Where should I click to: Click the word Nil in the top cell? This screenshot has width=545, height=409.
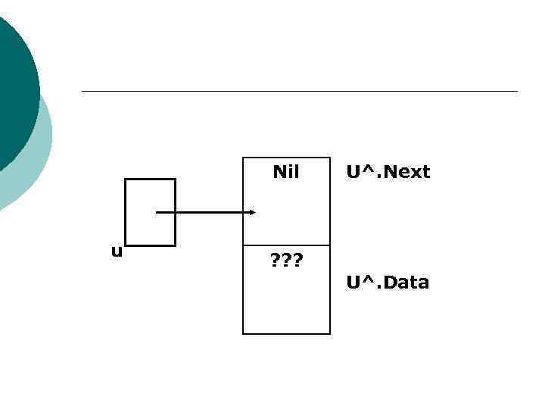pyautogui.click(x=286, y=172)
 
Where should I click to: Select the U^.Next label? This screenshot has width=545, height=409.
pyautogui.click(x=388, y=172)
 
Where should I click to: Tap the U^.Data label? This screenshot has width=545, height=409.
pyautogui.click(x=388, y=283)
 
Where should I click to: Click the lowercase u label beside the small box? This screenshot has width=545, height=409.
pyautogui.click(x=116, y=251)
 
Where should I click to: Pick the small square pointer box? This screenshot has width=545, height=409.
pyautogui.click(x=150, y=193)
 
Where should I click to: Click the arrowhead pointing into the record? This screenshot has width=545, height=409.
pyautogui.click(x=252, y=213)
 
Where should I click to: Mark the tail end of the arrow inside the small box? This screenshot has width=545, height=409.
pyautogui.click(x=157, y=213)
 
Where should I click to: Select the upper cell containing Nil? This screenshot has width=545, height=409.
pyautogui.click(x=286, y=201)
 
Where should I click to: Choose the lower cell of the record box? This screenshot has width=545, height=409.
pyautogui.click(x=286, y=299)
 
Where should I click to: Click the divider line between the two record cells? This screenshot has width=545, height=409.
pyautogui.click(x=286, y=245)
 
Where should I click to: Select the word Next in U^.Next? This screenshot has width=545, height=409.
pyautogui.click(x=405, y=172)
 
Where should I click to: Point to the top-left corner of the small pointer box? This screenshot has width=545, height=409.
pyautogui.click(x=125, y=180)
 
